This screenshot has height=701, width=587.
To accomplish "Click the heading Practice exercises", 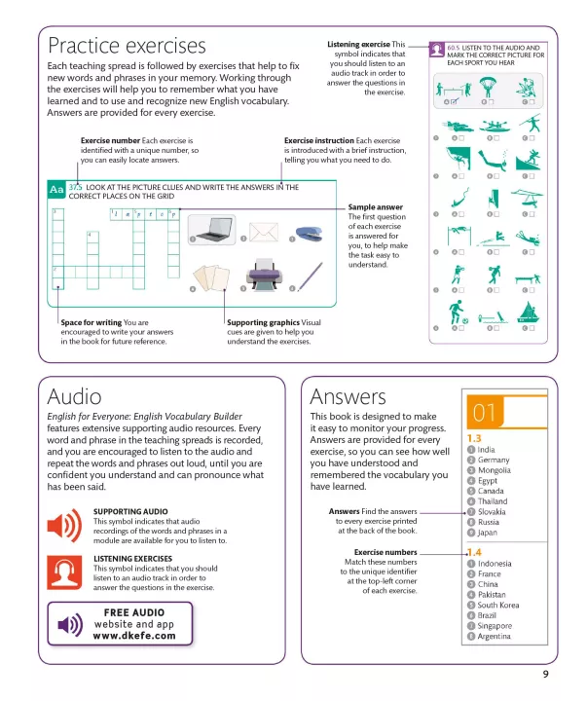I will tap(127, 47).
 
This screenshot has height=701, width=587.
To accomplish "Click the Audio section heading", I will tap(74, 395).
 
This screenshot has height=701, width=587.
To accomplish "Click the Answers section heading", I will tap(347, 396).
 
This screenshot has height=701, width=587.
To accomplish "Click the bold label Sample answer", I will tap(375, 207).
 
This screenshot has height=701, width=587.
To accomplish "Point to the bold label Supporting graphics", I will tap(263, 322).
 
